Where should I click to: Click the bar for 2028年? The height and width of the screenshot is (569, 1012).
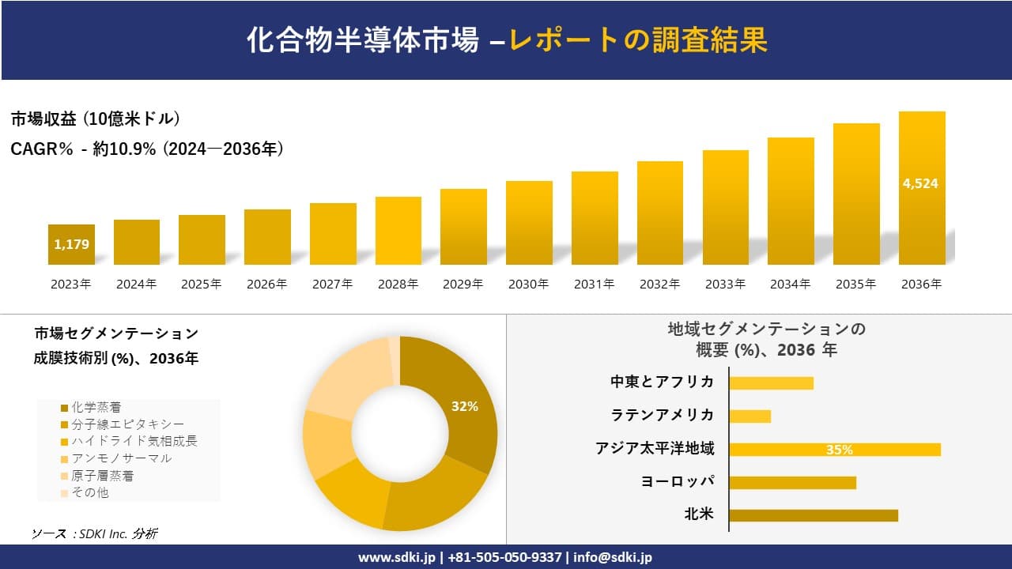[x=398, y=231]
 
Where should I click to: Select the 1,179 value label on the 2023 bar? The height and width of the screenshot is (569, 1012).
[x=71, y=245]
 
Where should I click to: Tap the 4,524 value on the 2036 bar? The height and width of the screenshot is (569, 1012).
[x=920, y=183]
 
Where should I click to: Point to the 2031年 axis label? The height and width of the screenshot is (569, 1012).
[x=594, y=284]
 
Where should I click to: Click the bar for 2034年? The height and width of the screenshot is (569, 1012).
[x=791, y=202]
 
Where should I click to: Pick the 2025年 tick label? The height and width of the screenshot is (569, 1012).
[x=202, y=284]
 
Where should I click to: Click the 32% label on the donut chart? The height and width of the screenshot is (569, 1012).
[x=465, y=406]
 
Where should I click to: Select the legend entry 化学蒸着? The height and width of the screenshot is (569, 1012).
[x=96, y=408]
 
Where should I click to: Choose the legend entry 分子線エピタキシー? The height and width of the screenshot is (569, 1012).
[x=127, y=424]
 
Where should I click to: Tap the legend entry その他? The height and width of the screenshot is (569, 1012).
[x=89, y=492]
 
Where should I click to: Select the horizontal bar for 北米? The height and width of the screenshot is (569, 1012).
[x=814, y=515]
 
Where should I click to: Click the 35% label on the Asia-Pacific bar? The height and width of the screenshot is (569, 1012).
[x=839, y=450]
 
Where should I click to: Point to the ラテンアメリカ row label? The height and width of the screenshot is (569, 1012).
[x=663, y=415]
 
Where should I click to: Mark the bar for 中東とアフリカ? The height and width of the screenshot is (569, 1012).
[x=771, y=382]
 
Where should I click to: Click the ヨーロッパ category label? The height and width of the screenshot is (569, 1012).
[x=678, y=481]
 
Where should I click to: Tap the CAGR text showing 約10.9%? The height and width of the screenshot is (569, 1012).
[x=147, y=149]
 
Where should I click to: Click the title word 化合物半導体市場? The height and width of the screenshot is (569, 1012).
[x=363, y=40]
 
